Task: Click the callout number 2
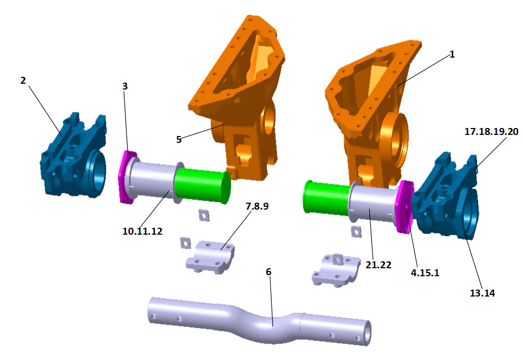(x=23, y=81)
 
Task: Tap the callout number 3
(x=125, y=86)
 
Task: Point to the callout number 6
(x=268, y=272)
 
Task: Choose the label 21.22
(x=379, y=264)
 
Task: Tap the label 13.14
(x=481, y=292)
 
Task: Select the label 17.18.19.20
(x=491, y=131)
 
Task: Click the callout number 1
(x=452, y=54)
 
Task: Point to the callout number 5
(x=179, y=139)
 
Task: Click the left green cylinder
(x=203, y=185)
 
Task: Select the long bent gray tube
(x=256, y=320)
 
